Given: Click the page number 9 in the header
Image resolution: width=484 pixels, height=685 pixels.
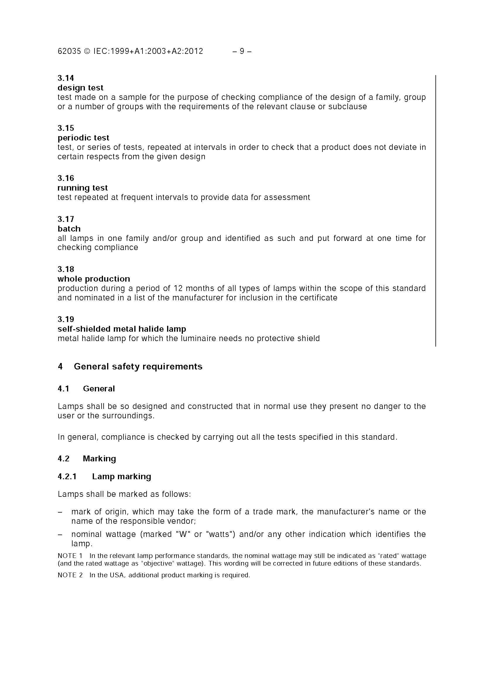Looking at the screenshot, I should click(241, 51).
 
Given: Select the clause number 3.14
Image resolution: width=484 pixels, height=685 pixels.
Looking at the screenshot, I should click(66, 78).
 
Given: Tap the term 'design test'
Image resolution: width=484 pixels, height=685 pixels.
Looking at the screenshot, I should click(80, 88).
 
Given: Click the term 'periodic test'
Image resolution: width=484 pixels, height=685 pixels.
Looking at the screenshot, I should click(83, 138).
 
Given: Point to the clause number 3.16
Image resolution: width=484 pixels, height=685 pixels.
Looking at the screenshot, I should click(66, 178).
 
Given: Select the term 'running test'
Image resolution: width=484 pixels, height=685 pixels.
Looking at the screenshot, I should click(82, 188).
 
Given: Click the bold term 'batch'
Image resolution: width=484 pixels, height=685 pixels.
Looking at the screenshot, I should click(69, 229).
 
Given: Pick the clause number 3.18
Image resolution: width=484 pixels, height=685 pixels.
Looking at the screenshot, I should click(66, 269).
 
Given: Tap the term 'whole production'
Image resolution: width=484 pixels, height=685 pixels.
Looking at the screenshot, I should click(94, 279).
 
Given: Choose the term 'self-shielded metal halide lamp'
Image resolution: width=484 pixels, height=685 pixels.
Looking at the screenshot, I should click(122, 329).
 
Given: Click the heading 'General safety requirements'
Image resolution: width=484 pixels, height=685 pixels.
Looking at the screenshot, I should click(138, 367).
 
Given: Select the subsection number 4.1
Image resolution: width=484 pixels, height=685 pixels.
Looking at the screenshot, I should click(63, 389).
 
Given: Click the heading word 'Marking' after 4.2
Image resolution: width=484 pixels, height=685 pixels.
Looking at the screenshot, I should click(99, 458).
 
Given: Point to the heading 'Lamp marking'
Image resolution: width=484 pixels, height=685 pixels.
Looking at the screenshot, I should click(121, 477).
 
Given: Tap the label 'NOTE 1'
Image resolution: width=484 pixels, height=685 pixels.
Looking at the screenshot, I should click(70, 556).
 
